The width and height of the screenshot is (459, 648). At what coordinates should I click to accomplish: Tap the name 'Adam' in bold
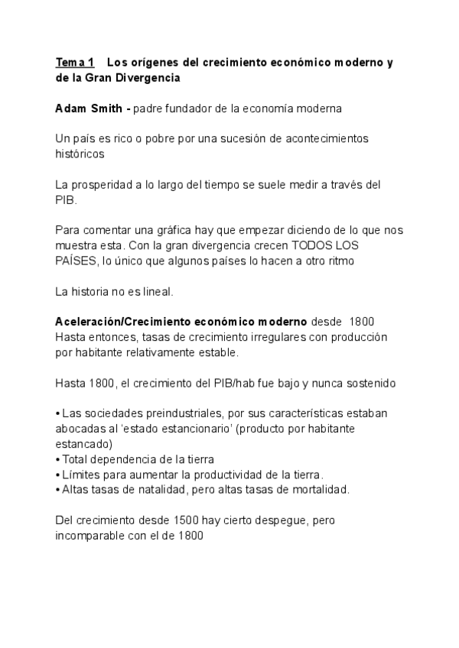pyautogui.click(x=71, y=109)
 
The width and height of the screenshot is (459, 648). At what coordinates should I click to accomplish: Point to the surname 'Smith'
pyautogui.click(x=106, y=109)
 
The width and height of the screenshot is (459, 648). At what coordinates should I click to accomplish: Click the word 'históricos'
pyautogui.click(x=80, y=154)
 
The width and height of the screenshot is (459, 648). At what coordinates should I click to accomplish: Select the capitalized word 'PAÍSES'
pyautogui.click(x=76, y=261)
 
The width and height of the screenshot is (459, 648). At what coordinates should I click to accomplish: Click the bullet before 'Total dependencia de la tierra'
pyautogui.click(x=58, y=458)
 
